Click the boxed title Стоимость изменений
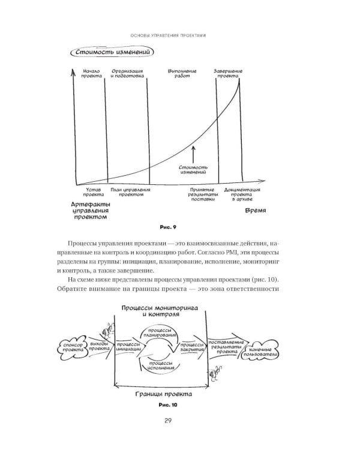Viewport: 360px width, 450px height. click(x=112, y=53)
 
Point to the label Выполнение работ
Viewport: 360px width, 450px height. click(x=181, y=74)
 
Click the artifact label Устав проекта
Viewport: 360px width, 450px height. click(x=92, y=193)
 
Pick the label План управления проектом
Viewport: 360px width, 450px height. click(x=130, y=193)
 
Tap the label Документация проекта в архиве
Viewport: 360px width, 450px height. click(x=241, y=196)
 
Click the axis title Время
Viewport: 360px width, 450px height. click(x=255, y=212)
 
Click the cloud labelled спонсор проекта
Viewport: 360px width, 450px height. click(x=72, y=346)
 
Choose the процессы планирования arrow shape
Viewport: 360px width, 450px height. click(x=160, y=333)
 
